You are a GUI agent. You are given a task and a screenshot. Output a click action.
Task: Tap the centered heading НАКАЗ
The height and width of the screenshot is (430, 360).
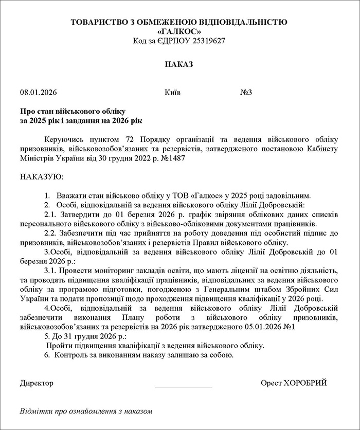tap(179, 64)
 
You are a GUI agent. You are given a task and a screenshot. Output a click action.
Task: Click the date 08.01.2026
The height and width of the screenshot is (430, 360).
tap(38, 93)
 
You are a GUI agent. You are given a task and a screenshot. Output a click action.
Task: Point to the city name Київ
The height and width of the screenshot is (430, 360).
tap(172, 93)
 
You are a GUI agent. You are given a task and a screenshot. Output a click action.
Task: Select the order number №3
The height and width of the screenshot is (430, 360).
tap(246, 93)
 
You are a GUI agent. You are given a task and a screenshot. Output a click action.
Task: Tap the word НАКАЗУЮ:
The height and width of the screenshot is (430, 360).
tap(42, 177)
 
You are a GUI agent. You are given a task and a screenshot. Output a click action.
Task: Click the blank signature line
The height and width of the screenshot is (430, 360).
tap(183, 386)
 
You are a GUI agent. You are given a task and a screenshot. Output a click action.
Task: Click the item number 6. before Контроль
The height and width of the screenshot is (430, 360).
tap(47, 354)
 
